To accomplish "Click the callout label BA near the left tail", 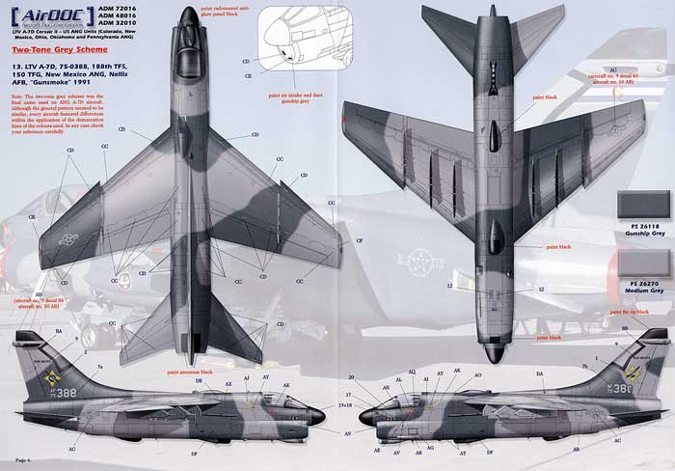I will (x=59, y=331).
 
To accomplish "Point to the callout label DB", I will (x=198, y=379).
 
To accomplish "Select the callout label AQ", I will (x=412, y=372).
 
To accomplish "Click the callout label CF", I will (x=360, y=238).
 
